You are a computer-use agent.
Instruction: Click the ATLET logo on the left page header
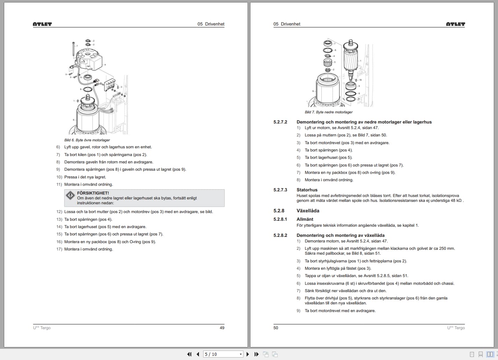[42, 24]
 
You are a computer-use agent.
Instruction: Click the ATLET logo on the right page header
[455, 24]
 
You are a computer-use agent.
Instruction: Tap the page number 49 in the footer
[222, 328]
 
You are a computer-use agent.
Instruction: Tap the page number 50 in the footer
[276, 328]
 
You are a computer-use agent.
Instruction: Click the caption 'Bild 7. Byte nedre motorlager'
[328, 112]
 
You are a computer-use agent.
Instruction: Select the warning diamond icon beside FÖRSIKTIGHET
[70, 195]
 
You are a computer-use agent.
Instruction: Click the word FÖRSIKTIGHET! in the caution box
[93, 193]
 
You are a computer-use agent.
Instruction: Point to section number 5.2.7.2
[280, 122]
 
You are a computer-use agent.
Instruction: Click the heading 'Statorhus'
[307, 190]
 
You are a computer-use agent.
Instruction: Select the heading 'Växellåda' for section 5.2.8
[308, 211]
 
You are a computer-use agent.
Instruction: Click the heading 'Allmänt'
[305, 219]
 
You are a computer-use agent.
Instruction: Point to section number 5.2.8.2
[280, 235]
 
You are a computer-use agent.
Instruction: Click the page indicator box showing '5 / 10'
[223, 354]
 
